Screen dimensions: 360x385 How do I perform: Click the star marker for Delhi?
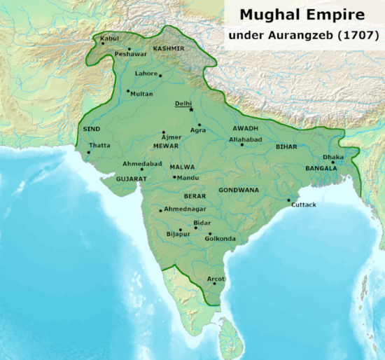pos(191,110)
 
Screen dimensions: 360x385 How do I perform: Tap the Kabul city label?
pos(110,37)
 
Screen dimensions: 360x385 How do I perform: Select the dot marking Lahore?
pos(160,76)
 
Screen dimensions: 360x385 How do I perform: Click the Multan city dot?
pos(127,90)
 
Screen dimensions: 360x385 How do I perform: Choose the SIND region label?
pos(92,130)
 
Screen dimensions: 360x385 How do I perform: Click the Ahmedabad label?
pos(142,163)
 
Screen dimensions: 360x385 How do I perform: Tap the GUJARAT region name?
pos(131,179)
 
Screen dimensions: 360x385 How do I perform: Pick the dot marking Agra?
pos(199,125)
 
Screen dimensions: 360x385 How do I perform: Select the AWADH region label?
pos(246,129)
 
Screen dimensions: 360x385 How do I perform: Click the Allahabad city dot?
pos(242,145)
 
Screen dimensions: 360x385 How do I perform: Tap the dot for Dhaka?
pos(333,162)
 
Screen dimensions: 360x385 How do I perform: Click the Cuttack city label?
pos(304,205)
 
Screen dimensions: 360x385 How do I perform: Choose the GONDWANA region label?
pos(239,190)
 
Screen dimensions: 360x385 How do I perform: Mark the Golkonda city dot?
pos(210,233)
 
